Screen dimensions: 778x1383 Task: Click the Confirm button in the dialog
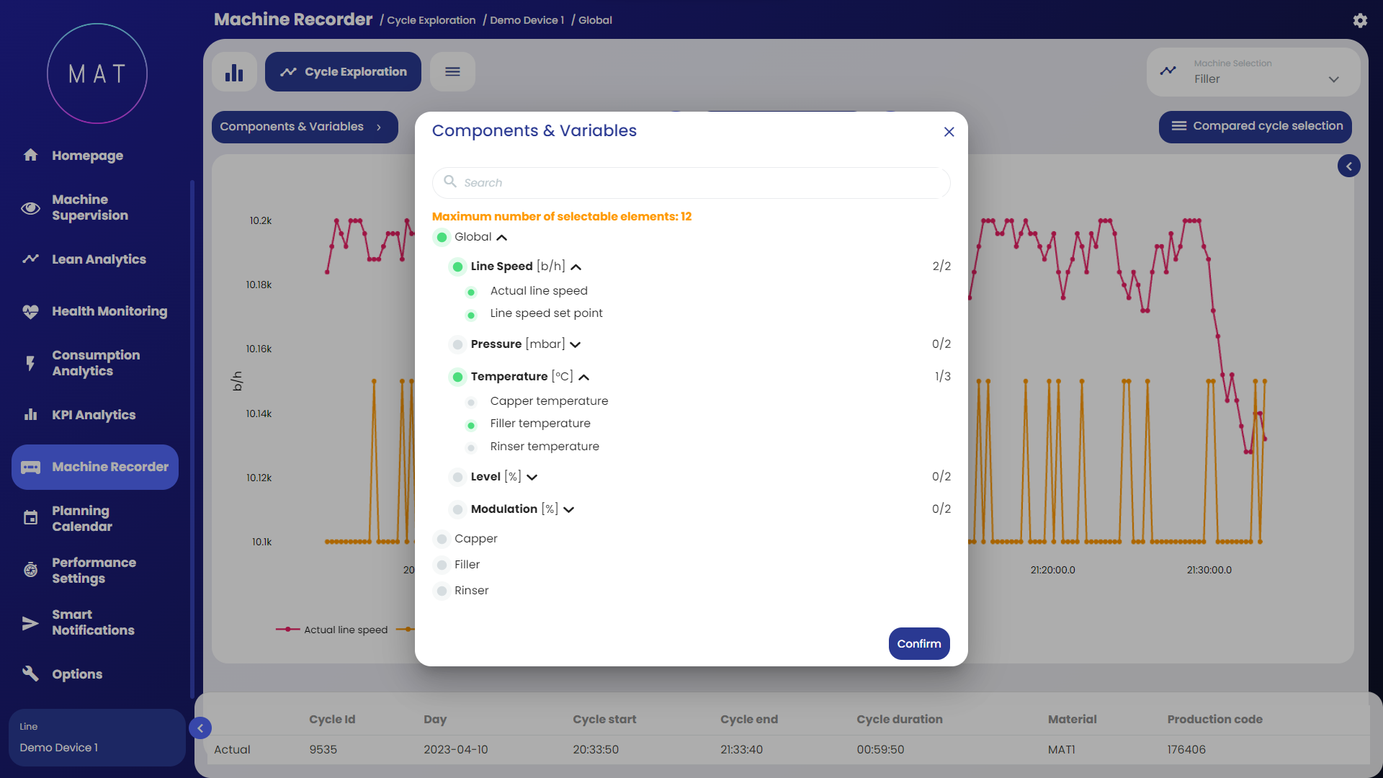click(918, 643)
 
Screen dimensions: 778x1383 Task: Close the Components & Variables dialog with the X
click(949, 132)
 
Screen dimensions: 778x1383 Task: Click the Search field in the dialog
click(691, 183)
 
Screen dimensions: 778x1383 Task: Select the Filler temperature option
click(540, 424)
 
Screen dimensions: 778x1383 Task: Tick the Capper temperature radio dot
click(471, 402)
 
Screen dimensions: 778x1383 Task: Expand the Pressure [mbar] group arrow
click(576, 345)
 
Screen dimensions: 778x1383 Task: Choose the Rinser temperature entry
click(544, 447)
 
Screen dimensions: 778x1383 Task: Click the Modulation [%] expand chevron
click(569, 510)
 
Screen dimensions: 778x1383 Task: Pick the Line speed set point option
click(545, 313)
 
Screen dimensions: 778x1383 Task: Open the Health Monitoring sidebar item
click(109, 311)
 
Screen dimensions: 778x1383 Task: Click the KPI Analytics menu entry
click(93, 415)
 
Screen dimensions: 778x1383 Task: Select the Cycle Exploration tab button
click(343, 72)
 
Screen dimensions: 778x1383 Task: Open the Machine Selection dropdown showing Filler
click(1253, 72)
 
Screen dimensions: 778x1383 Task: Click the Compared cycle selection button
click(1255, 126)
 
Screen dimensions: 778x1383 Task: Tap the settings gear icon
click(1360, 21)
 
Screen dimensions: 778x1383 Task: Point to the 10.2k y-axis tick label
click(261, 220)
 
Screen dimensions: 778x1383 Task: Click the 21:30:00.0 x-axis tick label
click(1209, 570)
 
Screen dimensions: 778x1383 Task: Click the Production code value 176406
click(1186, 749)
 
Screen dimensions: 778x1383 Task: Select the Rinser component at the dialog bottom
click(471, 591)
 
